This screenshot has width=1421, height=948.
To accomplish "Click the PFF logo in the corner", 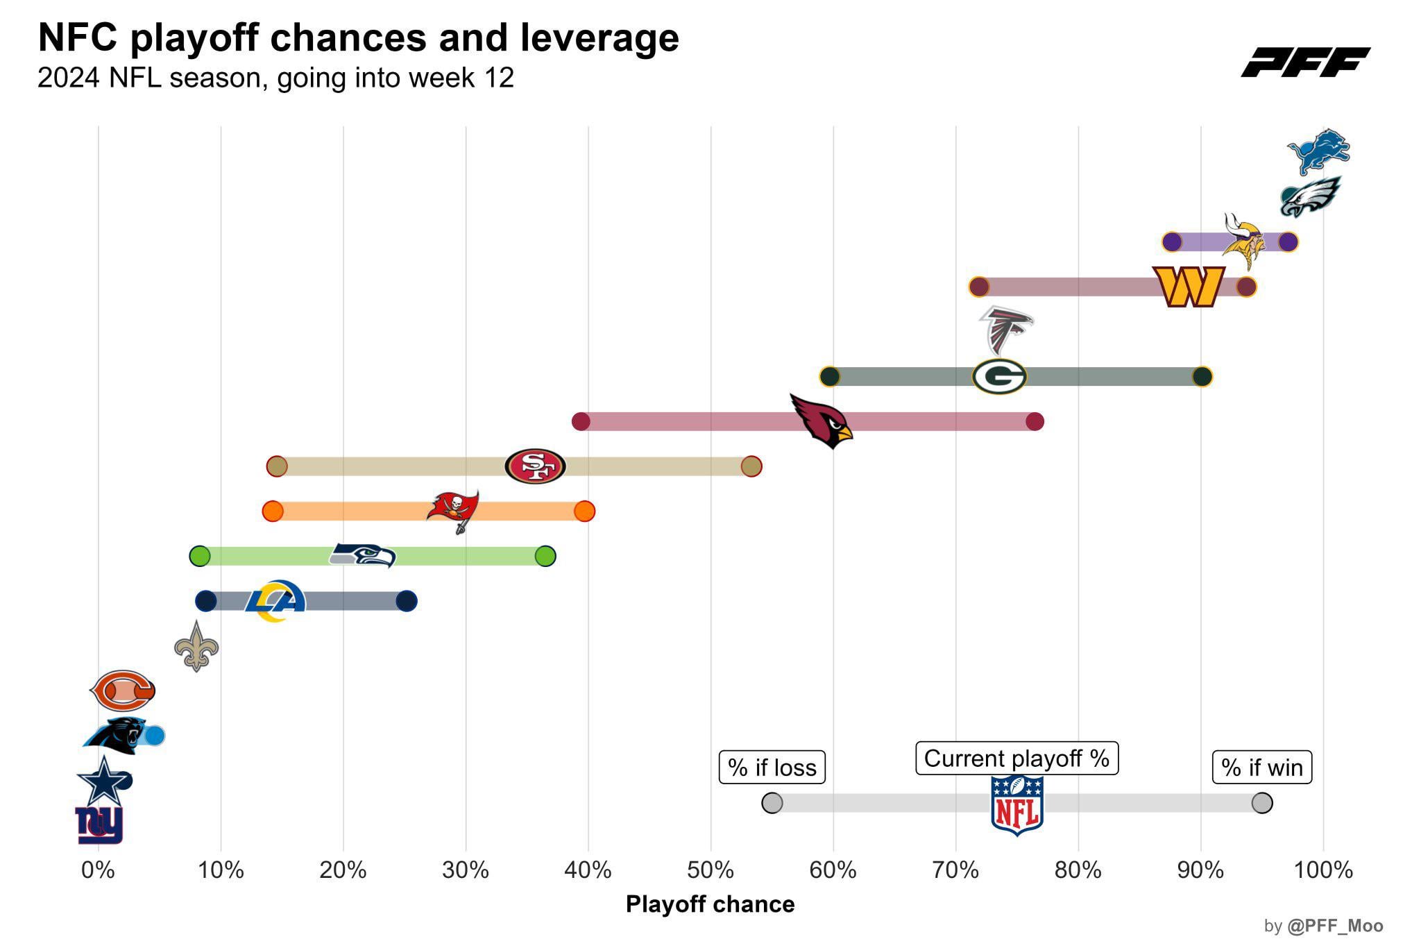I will [x=1304, y=62].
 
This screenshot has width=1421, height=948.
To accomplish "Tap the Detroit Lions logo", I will [x=1318, y=151].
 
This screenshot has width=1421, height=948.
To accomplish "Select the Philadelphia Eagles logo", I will [x=1310, y=197].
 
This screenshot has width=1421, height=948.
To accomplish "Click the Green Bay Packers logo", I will [x=999, y=377].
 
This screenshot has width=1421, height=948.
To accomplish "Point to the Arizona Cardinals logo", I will [x=822, y=421].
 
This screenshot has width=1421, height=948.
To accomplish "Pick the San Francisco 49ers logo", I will [x=535, y=466].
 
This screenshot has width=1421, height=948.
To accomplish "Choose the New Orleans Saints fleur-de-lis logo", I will [x=196, y=646].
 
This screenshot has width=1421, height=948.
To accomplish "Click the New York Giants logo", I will [x=99, y=824].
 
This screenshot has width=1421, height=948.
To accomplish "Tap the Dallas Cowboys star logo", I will [x=103, y=781].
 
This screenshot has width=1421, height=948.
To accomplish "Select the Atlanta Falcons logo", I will [x=1005, y=330].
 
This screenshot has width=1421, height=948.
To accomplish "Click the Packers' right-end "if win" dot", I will [x=1202, y=377].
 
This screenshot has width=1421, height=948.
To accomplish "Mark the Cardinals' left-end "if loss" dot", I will [x=581, y=421].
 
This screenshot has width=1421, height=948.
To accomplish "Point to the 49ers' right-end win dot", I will [x=751, y=466].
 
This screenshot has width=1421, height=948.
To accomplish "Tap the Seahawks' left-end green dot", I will [x=200, y=556].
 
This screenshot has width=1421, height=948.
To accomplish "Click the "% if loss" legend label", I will [x=772, y=767].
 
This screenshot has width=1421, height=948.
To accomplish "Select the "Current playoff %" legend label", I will [x=1016, y=758].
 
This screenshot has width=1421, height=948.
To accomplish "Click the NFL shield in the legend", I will [x=1016, y=804].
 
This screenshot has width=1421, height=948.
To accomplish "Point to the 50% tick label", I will [x=710, y=870].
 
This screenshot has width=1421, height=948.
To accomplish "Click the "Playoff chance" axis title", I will [x=710, y=904].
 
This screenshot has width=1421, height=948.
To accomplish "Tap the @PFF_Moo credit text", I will [x=1334, y=926].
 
